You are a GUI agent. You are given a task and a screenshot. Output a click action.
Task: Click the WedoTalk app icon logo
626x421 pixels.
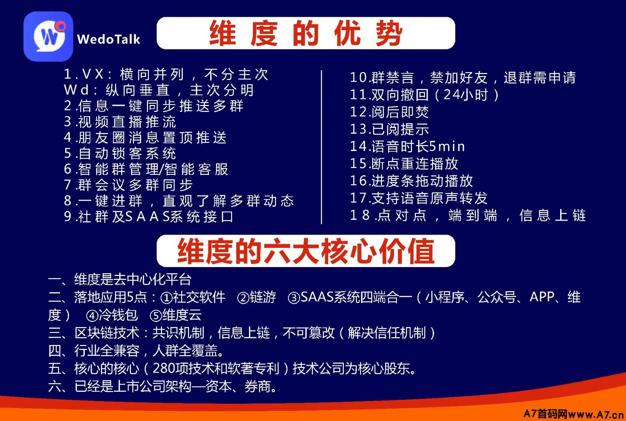click(48, 36)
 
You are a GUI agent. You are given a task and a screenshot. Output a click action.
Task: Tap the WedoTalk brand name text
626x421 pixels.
click(108, 39)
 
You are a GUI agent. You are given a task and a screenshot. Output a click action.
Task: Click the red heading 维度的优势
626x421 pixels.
click(306, 33)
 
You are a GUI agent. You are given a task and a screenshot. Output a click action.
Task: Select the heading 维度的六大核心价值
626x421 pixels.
click(306, 251)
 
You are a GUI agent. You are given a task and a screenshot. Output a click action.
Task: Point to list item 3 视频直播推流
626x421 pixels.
click(120, 122)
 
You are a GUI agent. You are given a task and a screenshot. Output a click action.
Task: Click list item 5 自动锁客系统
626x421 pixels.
click(120, 153)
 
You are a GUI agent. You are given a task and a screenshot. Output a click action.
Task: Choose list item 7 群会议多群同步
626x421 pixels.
click(128, 185)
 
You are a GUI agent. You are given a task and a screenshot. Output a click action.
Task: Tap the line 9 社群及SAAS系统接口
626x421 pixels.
click(149, 216)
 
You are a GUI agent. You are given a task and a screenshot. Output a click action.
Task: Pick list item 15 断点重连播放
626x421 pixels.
click(404, 164)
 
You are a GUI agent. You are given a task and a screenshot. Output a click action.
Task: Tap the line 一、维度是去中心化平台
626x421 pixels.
click(120, 279)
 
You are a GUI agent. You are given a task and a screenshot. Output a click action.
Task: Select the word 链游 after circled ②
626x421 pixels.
click(263, 297)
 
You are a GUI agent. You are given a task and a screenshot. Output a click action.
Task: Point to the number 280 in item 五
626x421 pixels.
click(164, 368)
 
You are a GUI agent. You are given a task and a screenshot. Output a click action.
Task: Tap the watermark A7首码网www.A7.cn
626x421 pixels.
click(573, 414)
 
